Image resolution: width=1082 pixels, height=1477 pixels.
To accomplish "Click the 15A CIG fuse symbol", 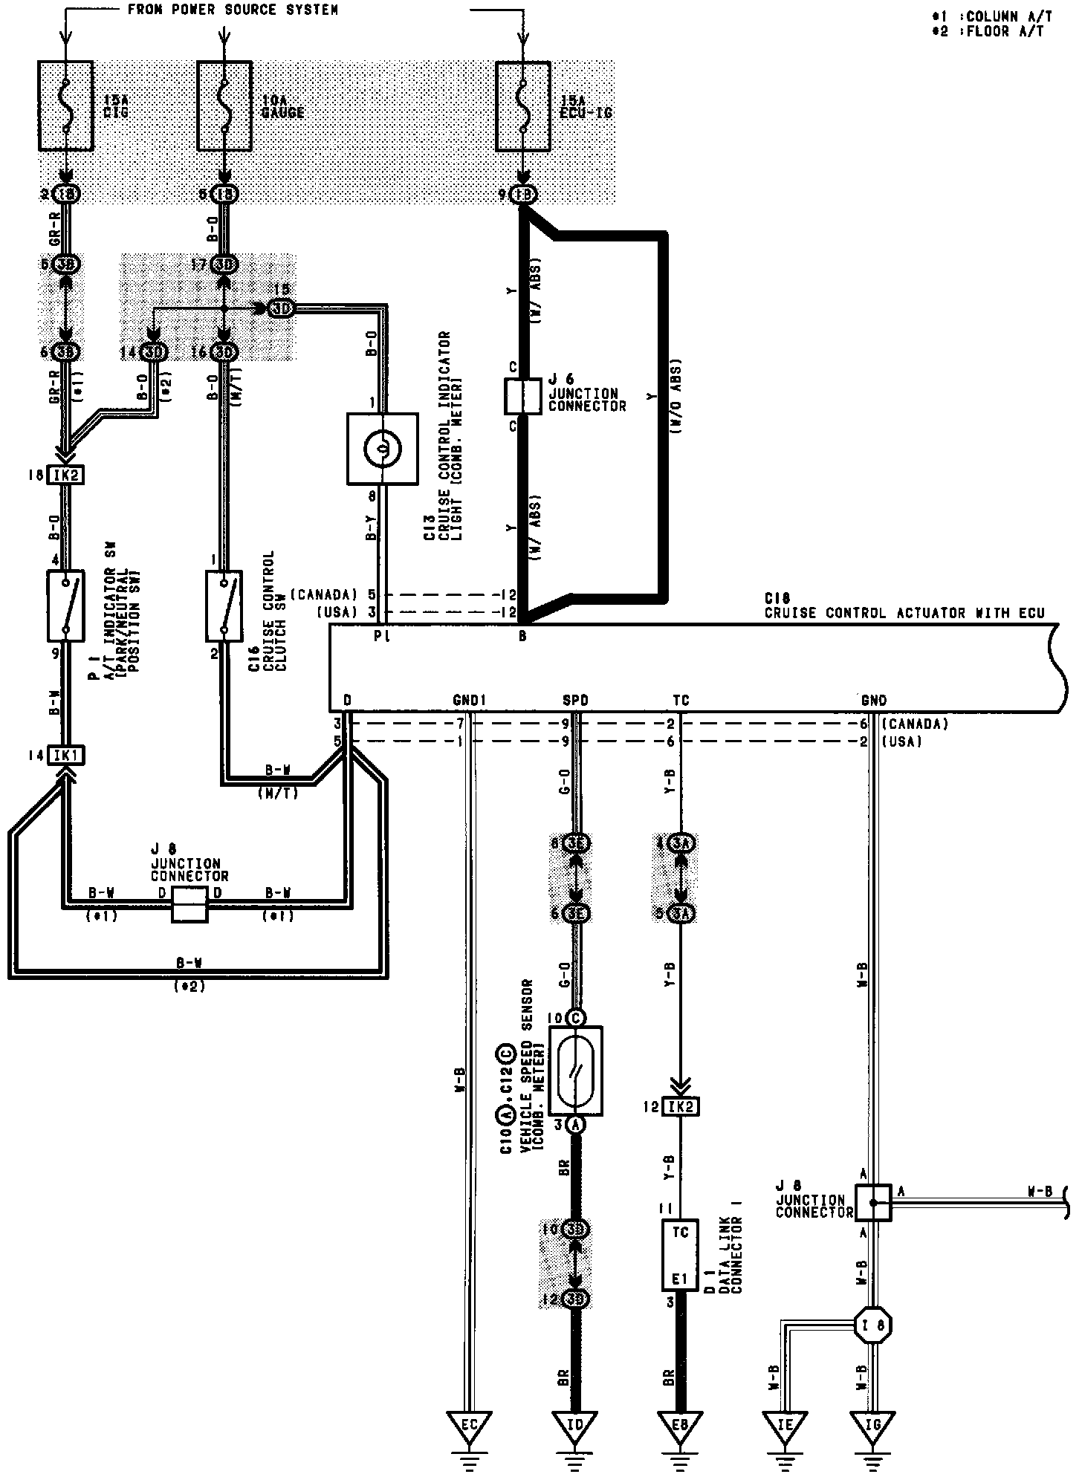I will pos(65,108).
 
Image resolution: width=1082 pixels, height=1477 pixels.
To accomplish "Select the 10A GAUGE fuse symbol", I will pos(224,108).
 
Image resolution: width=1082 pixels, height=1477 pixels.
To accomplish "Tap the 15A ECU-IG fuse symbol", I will pos(522,108).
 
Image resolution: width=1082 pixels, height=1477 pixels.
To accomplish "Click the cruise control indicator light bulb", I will pos(382,449).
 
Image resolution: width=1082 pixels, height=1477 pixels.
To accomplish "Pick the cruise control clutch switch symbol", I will pos(224,605).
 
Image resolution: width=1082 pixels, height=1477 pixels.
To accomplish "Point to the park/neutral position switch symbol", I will pos(65,605).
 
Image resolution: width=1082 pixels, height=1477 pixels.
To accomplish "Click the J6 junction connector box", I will pos(522,397).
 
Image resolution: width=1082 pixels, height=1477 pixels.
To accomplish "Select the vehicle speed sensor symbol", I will pos(575,1071).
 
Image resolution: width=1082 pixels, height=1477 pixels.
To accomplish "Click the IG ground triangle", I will pos(872,1425).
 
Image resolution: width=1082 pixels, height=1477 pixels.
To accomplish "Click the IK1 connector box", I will pos(65,756).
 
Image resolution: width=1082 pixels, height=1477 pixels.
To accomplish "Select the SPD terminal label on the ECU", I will pos(575,701).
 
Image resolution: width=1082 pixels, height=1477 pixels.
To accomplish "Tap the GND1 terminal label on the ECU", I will pos(469,701).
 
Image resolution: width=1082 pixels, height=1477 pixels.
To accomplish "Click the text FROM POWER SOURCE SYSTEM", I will pos(233,10).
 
